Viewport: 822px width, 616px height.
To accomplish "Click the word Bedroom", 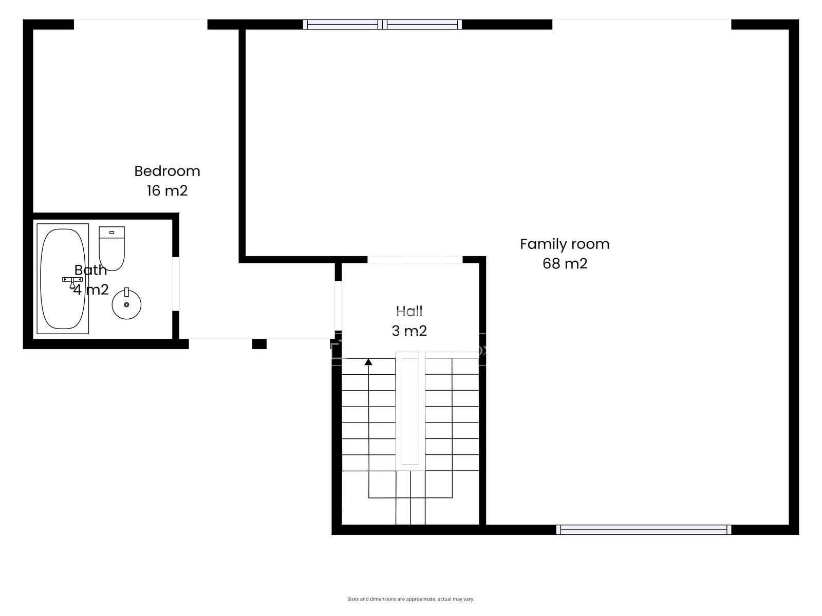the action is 167,171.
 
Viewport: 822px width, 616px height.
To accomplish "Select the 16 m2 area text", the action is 167,191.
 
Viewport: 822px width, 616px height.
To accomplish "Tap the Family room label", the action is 565,244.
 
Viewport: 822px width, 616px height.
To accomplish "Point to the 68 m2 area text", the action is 565,264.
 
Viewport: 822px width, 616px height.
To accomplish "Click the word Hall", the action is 409,311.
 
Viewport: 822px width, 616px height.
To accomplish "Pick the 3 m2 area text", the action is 409,331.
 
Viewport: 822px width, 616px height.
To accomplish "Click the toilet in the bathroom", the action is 111,248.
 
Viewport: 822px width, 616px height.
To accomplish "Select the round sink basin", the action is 126,304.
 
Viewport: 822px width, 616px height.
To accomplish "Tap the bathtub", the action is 63,279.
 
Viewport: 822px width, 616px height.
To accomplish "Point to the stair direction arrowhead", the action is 368,362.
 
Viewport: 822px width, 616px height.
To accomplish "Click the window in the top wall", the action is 382,24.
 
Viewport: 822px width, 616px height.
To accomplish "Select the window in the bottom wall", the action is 643,530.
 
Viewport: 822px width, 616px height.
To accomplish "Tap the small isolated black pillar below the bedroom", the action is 259,344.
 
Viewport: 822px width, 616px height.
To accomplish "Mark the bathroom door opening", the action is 176,284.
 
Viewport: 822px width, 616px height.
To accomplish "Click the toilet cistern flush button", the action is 111,232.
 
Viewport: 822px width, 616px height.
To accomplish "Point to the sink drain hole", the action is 126,305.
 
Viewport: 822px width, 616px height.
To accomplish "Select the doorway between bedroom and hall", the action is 338,305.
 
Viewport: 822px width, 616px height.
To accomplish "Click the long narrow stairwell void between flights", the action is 410,411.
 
